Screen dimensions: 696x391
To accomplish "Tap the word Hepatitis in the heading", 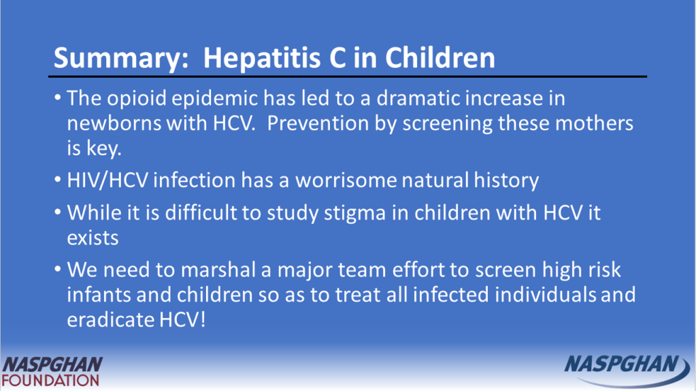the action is click(261, 58).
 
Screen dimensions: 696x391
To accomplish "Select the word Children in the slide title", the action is click(440, 57).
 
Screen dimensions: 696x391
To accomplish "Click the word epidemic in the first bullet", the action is click(215, 99).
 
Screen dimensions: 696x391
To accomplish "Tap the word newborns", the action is click(114, 123).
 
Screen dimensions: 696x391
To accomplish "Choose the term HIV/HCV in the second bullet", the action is click(107, 181).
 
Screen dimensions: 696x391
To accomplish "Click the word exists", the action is click(93, 238).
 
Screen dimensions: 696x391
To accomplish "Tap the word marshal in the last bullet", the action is click(218, 270).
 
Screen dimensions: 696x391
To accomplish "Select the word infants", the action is click(99, 294).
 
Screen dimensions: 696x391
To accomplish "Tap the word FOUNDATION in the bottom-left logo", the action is click(50, 381).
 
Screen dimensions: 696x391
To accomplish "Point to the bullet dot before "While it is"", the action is click(58, 212).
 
